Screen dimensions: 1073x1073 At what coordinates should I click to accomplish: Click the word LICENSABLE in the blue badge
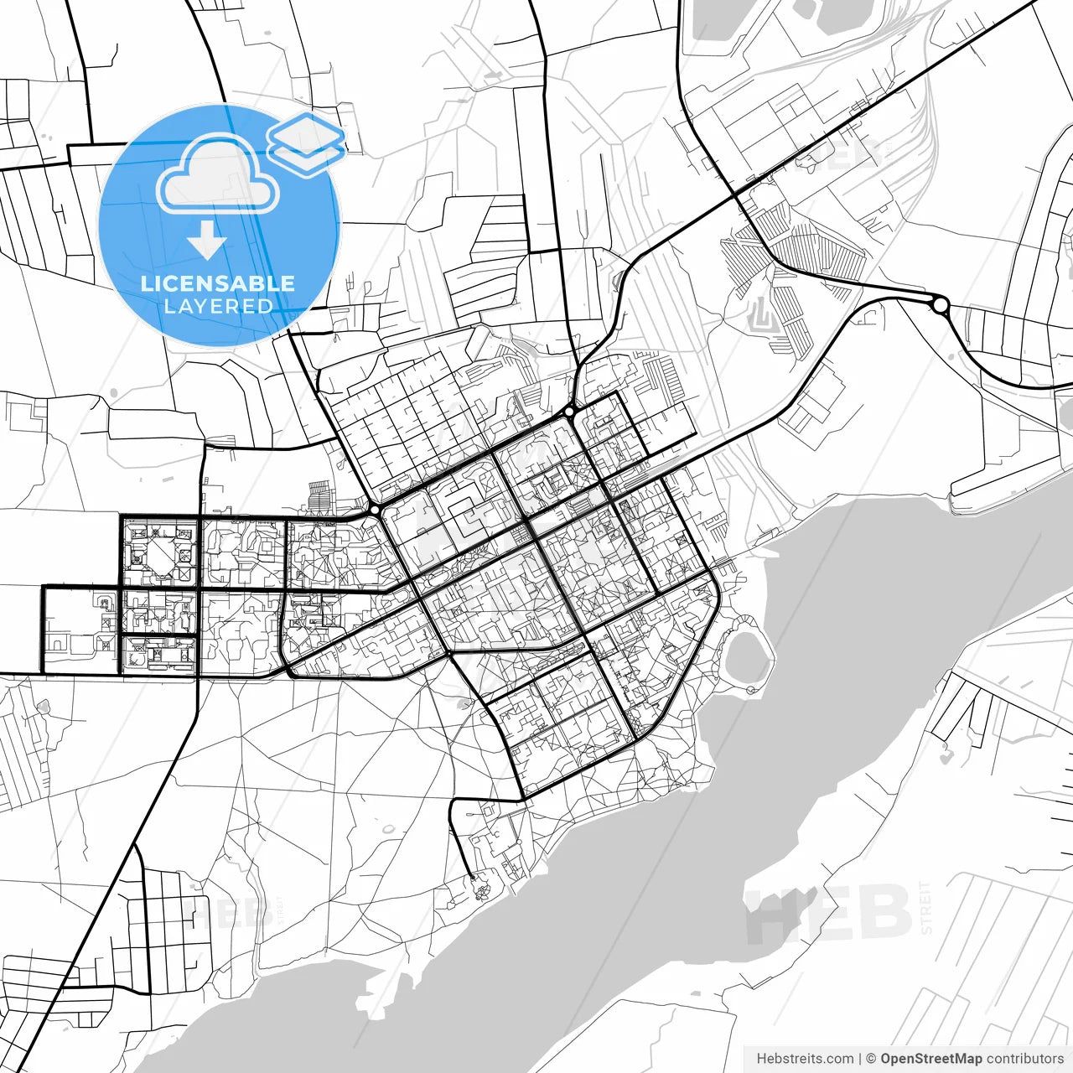[x=218, y=283]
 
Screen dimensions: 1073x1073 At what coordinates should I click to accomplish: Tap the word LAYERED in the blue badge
[x=218, y=306]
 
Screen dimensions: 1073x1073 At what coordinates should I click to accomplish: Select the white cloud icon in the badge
[x=218, y=174]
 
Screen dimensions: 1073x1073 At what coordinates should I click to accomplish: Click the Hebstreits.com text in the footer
[x=805, y=1059]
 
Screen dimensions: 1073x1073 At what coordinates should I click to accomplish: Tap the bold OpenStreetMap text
[x=930, y=1059]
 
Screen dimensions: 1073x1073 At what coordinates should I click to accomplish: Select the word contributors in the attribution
[x=1024, y=1059]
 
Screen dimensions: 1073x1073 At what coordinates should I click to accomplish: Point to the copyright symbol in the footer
[x=871, y=1059]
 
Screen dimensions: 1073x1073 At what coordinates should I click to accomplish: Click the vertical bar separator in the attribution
[x=860, y=1059]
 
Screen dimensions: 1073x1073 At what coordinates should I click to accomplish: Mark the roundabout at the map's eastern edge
[x=941, y=305]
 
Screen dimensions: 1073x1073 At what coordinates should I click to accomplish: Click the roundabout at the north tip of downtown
[x=570, y=412]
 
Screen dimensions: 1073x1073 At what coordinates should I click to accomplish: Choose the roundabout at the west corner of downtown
[x=375, y=510]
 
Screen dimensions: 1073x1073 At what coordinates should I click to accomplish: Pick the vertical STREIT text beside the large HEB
[x=925, y=907]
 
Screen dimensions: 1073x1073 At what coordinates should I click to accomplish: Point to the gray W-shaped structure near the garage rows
[x=761, y=315]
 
